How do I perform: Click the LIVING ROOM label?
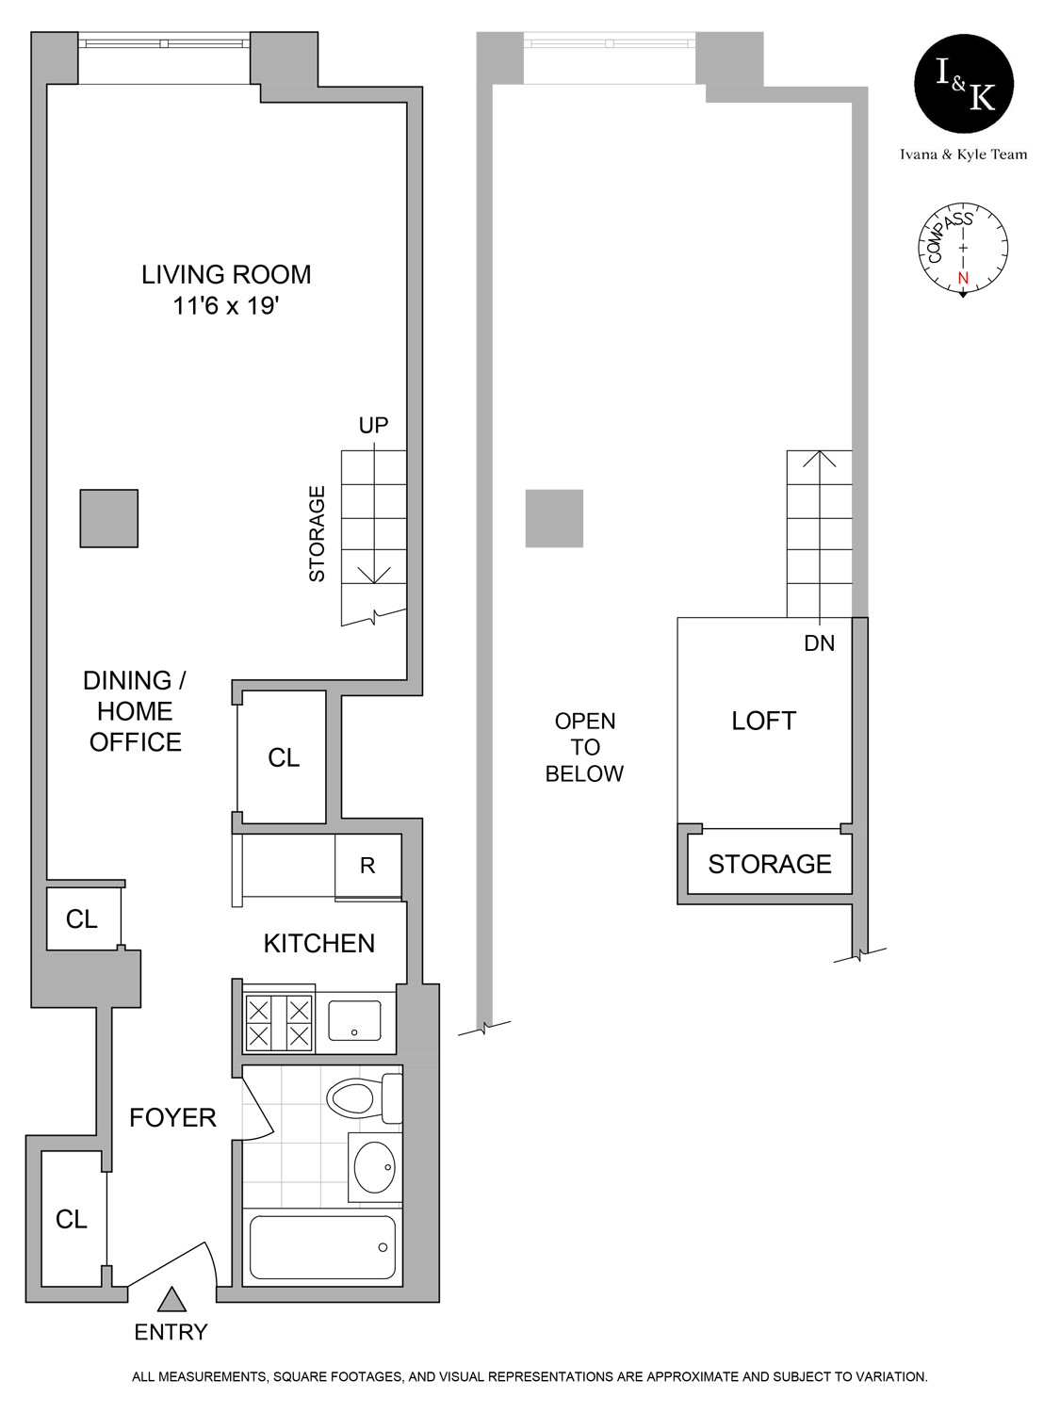(x=226, y=275)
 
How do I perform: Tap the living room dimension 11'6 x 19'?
(x=226, y=306)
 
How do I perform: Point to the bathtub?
(x=322, y=1247)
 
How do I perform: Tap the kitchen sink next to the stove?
(x=354, y=1021)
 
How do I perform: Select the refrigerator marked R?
(x=367, y=866)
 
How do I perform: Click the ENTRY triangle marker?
(x=171, y=1301)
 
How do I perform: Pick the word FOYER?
(x=172, y=1118)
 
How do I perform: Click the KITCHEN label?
(x=319, y=944)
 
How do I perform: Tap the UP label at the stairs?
(x=373, y=426)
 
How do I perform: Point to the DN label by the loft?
(x=819, y=643)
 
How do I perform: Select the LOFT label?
(x=764, y=722)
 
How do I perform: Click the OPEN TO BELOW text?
(x=585, y=748)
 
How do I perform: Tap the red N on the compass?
(x=963, y=278)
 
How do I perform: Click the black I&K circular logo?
(x=964, y=84)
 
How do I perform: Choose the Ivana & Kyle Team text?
(x=963, y=154)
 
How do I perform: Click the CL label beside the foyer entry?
(x=72, y=1220)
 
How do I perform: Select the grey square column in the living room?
(x=109, y=518)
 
